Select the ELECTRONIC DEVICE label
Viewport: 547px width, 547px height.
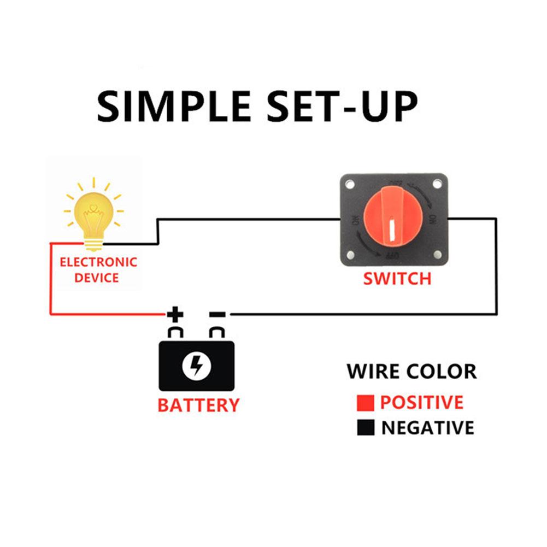pyautogui.click(x=98, y=269)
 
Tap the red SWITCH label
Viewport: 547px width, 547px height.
pyautogui.click(x=397, y=279)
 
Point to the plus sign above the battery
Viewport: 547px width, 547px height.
pyautogui.click(x=175, y=314)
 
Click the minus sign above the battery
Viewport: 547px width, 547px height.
pyautogui.click(x=217, y=314)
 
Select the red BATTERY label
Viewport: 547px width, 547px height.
pyautogui.click(x=198, y=405)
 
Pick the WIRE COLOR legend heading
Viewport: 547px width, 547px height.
pyautogui.click(x=411, y=372)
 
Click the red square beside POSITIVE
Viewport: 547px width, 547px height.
pyautogui.click(x=365, y=403)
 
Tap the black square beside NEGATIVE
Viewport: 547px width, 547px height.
pyautogui.click(x=365, y=428)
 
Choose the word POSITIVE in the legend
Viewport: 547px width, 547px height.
pyautogui.click(x=421, y=403)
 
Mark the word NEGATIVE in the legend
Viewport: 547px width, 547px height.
pyautogui.click(x=427, y=428)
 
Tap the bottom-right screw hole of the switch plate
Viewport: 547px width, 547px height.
pyautogui.click(x=438, y=255)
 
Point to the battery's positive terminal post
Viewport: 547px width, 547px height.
pyautogui.click(x=175, y=333)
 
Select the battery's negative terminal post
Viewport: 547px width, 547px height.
pyautogui.click(x=217, y=333)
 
